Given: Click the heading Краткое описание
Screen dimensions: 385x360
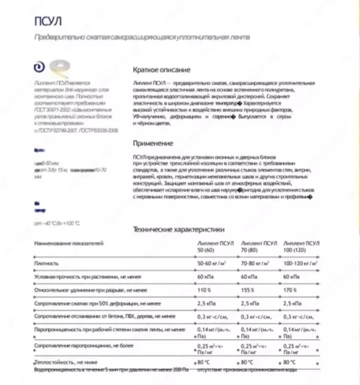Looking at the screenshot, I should click(x=161, y=70).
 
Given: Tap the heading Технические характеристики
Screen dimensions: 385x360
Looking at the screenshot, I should click(x=178, y=230).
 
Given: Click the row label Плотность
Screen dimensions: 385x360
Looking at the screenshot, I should click(x=46, y=264).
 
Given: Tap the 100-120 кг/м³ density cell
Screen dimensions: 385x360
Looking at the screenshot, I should click(x=300, y=264).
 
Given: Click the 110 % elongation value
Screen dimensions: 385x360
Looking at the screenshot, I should click(x=204, y=290).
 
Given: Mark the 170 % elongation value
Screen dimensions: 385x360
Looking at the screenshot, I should click(x=290, y=290).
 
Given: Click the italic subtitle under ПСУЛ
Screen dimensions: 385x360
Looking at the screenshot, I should click(x=142, y=37).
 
